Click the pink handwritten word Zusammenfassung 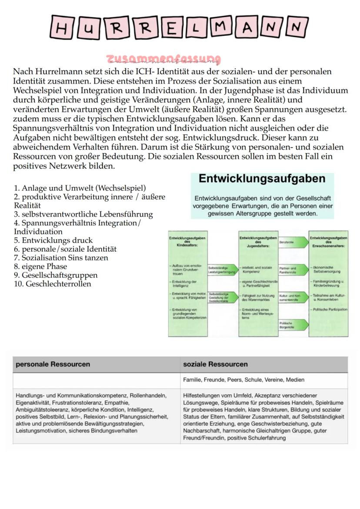[x=163, y=59]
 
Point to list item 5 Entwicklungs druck [x=53, y=240]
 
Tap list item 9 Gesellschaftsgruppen [x=56, y=275]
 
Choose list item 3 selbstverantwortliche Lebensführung [x=83, y=214]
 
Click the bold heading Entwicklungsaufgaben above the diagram [x=262, y=179]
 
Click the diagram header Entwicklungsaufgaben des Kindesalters [x=188, y=242]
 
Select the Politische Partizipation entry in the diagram [x=329, y=309]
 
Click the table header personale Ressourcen [x=53, y=364]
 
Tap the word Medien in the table [x=295, y=380]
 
